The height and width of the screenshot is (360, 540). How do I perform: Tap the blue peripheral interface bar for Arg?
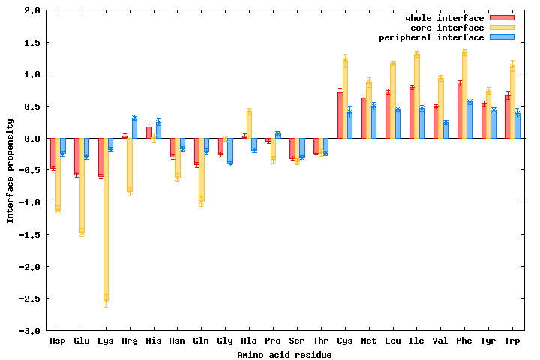pyautogui.click(x=134, y=128)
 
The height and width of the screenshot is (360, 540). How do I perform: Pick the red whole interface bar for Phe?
pyautogui.click(x=460, y=110)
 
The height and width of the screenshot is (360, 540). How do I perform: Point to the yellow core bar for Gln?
pyautogui.click(x=201, y=169)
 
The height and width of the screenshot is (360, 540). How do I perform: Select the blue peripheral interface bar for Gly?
pyautogui.click(x=230, y=151)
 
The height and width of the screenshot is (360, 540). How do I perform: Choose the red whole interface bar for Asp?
pyautogui.click(x=52, y=153)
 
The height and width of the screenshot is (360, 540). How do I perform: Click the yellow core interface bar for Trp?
pyautogui.click(x=512, y=102)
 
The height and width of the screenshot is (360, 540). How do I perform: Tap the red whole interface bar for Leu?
pyautogui.click(x=388, y=115)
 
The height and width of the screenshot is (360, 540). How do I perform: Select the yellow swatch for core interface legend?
pyautogui.click(x=502, y=28)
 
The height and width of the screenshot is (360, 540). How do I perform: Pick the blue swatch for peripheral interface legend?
pyautogui.click(x=502, y=37)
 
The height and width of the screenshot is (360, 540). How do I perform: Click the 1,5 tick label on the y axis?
pyautogui.click(x=31, y=43)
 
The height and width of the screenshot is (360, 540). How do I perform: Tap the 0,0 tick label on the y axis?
pyautogui.click(x=31, y=139)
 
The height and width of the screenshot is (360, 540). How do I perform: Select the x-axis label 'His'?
pyautogui.click(x=153, y=341)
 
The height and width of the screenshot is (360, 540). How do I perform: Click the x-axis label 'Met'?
pyautogui.click(x=368, y=341)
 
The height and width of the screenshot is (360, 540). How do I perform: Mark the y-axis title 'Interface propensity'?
pyautogui.click(x=10, y=170)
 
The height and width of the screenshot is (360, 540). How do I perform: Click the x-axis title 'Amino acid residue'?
pyautogui.click(x=284, y=354)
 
